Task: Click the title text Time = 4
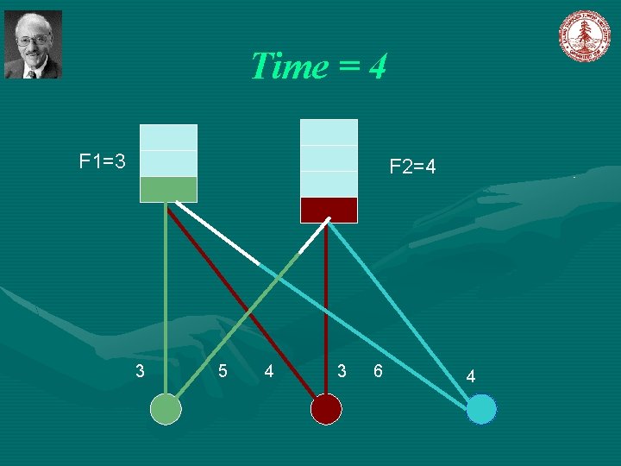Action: tap(318, 66)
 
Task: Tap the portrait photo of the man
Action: tap(33, 45)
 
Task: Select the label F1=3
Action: tap(103, 161)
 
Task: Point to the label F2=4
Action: tap(412, 167)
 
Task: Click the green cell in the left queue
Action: tap(168, 189)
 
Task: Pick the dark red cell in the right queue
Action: tap(329, 210)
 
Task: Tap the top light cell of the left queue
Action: tap(168, 137)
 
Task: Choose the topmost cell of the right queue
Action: tap(329, 132)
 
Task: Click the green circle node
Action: tap(166, 408)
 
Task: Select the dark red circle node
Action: tap(326, 408)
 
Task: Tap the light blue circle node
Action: tap(481, 408)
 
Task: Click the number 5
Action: tap(223, 371)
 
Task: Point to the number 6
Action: tap(377, 371)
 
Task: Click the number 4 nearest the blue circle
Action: tap(470, 375)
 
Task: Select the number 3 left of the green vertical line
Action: tap(141, 371)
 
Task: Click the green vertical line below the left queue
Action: tap(166, 293)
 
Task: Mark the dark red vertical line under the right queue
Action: tap(326, 302)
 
